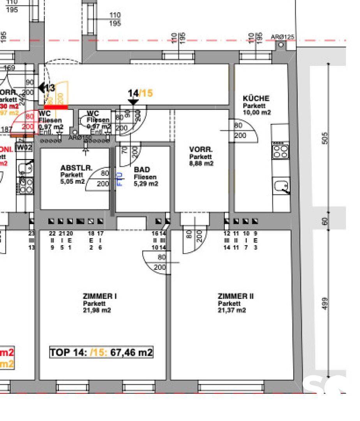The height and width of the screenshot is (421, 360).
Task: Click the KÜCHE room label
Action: pos(256,99)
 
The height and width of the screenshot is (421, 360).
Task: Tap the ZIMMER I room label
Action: pos(100,296)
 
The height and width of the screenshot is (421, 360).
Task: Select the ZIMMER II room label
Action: pos(235,296)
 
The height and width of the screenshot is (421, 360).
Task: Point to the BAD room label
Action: pos(142,170)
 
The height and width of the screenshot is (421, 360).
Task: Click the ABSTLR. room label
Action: pos(76,168)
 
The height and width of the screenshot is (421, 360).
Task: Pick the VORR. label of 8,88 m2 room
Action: pos(201,150)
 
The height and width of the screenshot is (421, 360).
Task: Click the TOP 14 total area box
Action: pos(101,353)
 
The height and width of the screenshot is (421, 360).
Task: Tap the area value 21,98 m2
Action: pos(97,310)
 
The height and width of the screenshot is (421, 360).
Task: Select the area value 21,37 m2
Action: pos(232,310)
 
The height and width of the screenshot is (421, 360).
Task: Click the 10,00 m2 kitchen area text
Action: pos(257,112)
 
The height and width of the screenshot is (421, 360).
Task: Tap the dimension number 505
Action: pos(326,138)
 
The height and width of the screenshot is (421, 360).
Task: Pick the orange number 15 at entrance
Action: pos(147,93)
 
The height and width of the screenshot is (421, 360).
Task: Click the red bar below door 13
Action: pos(56,107)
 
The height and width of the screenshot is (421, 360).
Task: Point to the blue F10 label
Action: pos(120,179)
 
